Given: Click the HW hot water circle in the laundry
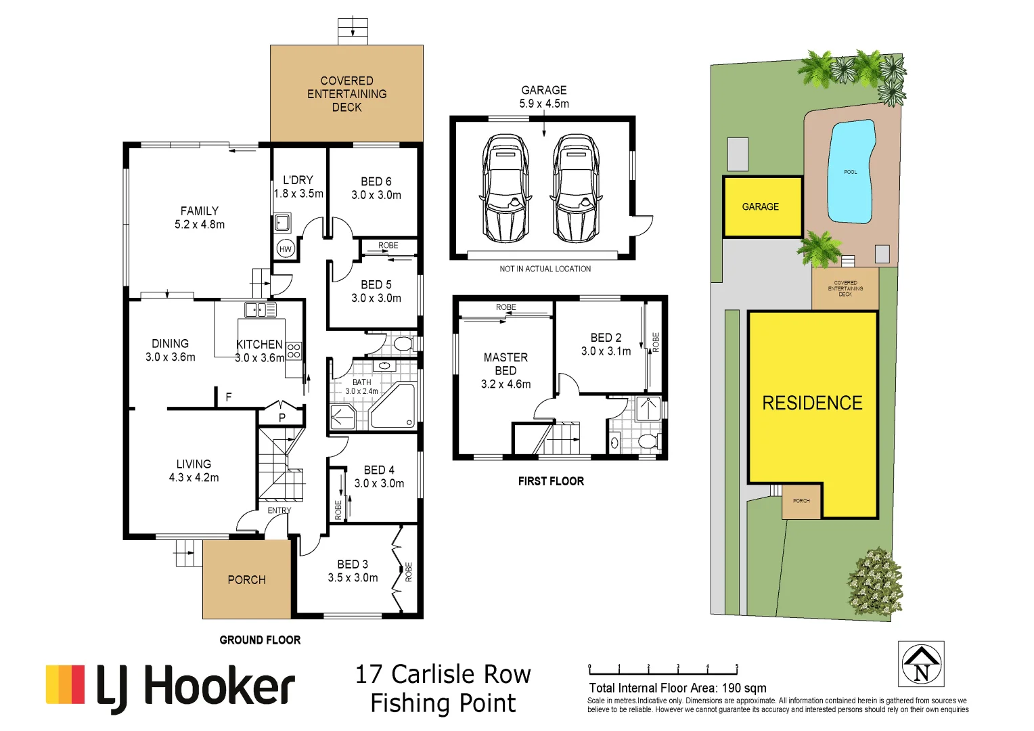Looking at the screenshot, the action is (x=286, y=249).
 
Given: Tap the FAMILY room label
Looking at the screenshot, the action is (x=200, y=211).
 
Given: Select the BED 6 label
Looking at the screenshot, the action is (x=376, y=181).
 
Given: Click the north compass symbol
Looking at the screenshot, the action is (x=921, y=664).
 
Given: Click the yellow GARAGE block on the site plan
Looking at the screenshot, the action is (x=763, y=207).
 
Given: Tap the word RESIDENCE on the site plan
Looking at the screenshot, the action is (x=812, y=403).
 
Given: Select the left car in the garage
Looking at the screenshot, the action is (x=505, y=188).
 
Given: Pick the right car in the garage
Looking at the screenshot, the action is (x=576, y=188).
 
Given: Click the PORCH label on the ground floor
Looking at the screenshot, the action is (x=246, y=580).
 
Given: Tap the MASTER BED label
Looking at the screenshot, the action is (x=505, y=364).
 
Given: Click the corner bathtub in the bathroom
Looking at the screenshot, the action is (x=392, y=406).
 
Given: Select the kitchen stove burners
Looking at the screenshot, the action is (x=294, y=351).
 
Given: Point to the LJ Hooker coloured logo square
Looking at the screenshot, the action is (x=65, y=684).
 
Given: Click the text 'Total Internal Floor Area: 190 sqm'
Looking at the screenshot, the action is (x=677, y=688).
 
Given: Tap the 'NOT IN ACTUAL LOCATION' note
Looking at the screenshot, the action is (x=545, y=269).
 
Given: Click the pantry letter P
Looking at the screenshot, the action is (x=282, y=418).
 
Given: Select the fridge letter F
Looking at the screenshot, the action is (x=229, y=397).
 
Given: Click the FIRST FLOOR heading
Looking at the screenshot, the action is (x=551, y=481).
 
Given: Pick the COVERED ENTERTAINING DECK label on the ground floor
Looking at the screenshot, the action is (x=346, y=94).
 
